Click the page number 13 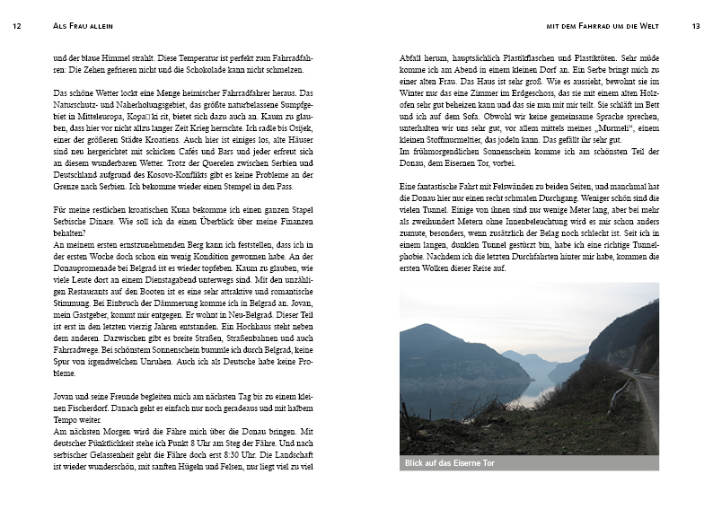[x=696, y=26]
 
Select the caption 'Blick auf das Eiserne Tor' [x=450, y=463]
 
